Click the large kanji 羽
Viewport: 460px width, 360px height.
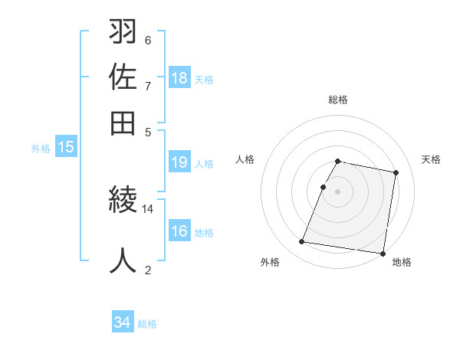click(x=123, y=33)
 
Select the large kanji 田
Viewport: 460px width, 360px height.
click(x=123, y=122)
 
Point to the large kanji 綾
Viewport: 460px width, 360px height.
click(x=123, y=201)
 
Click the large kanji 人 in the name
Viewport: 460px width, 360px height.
click(x=123, y=260)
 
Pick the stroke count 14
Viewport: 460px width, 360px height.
click(x=148, y=208)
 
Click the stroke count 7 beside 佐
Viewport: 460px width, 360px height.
click(x=148, y=86)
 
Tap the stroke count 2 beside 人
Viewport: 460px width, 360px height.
click(x=148, y=270)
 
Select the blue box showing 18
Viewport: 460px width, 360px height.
click(x=179, y=77)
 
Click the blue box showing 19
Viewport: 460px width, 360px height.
click(x=179, y=162)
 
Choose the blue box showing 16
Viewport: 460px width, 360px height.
click(x=179, y=231)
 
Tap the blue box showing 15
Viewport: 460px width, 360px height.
click(x=66, y=147)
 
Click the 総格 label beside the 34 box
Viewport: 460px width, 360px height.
click(x=147, y=324)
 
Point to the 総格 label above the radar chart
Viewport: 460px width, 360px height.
click(x=338, y=100)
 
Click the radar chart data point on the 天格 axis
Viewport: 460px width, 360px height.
click(x=396, y=173)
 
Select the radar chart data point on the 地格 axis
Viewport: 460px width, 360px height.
click(x=382, y=253)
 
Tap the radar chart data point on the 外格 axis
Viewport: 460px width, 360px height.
click(x=302, y=242)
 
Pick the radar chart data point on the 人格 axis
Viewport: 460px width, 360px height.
click(x=324, y=187)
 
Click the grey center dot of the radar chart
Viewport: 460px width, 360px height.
click(x=338, y=191)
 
